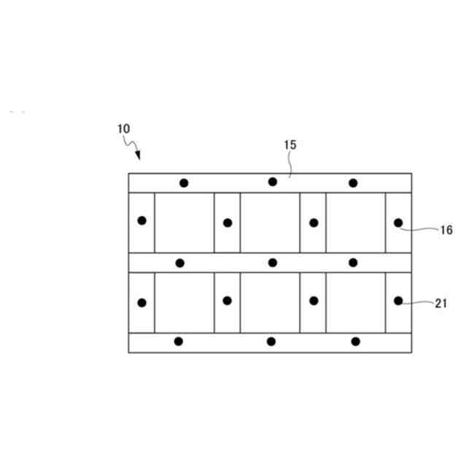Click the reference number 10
pos(123,128)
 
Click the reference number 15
pos(290,144)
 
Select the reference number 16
pos(447,231)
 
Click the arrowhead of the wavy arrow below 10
pos(138,156)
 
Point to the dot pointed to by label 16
pos(398,223)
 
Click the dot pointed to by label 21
pos(398,300)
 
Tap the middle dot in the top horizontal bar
pos(272,182)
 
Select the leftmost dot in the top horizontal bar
pos(184,183)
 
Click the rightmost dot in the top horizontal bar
pos(353,183)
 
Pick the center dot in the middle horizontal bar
pos(272,263)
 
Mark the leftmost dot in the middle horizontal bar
pos(180,263)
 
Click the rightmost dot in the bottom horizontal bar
pos(355,341)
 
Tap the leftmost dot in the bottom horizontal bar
pos(179,341)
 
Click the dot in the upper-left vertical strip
pos(142,220)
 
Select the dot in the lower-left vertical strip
pos(142,302)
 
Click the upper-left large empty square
pos(184,223)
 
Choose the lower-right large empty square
pos(355,302)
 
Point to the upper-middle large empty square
pos(270,223)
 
